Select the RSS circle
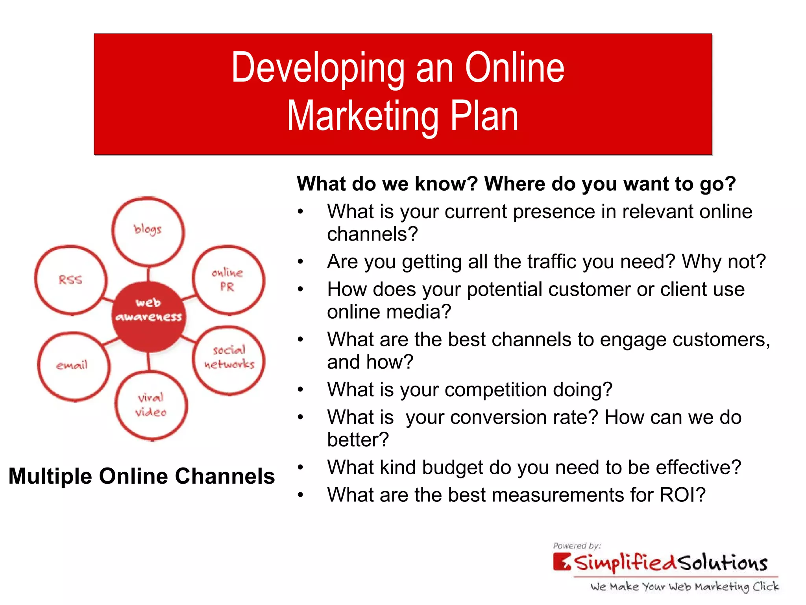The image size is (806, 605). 71,280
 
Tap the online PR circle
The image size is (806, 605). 228,280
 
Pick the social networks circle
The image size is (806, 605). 229,360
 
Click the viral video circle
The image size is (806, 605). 151,405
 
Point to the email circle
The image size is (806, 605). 74,366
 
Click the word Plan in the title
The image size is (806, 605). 484,117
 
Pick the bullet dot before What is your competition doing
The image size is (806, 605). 301,390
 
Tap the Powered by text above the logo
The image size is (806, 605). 577,546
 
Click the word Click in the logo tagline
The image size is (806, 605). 765,586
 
